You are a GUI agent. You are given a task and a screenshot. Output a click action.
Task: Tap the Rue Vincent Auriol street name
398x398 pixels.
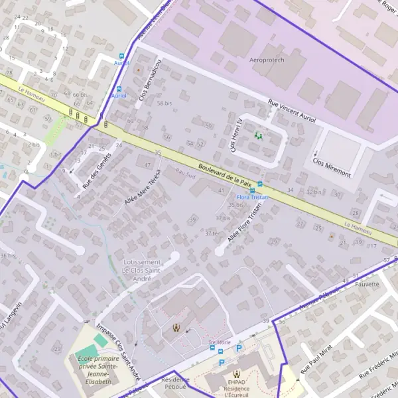291,111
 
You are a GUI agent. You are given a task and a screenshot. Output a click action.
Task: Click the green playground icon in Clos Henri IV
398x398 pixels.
258,135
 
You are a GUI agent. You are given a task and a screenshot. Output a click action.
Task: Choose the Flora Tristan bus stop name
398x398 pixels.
252,198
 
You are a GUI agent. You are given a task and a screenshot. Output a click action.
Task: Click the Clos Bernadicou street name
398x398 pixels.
151,81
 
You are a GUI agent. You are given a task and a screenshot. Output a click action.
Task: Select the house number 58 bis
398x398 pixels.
164,103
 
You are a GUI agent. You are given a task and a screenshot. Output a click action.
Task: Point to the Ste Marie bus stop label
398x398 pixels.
220,342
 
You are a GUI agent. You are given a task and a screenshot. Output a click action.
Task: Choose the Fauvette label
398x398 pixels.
367,284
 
